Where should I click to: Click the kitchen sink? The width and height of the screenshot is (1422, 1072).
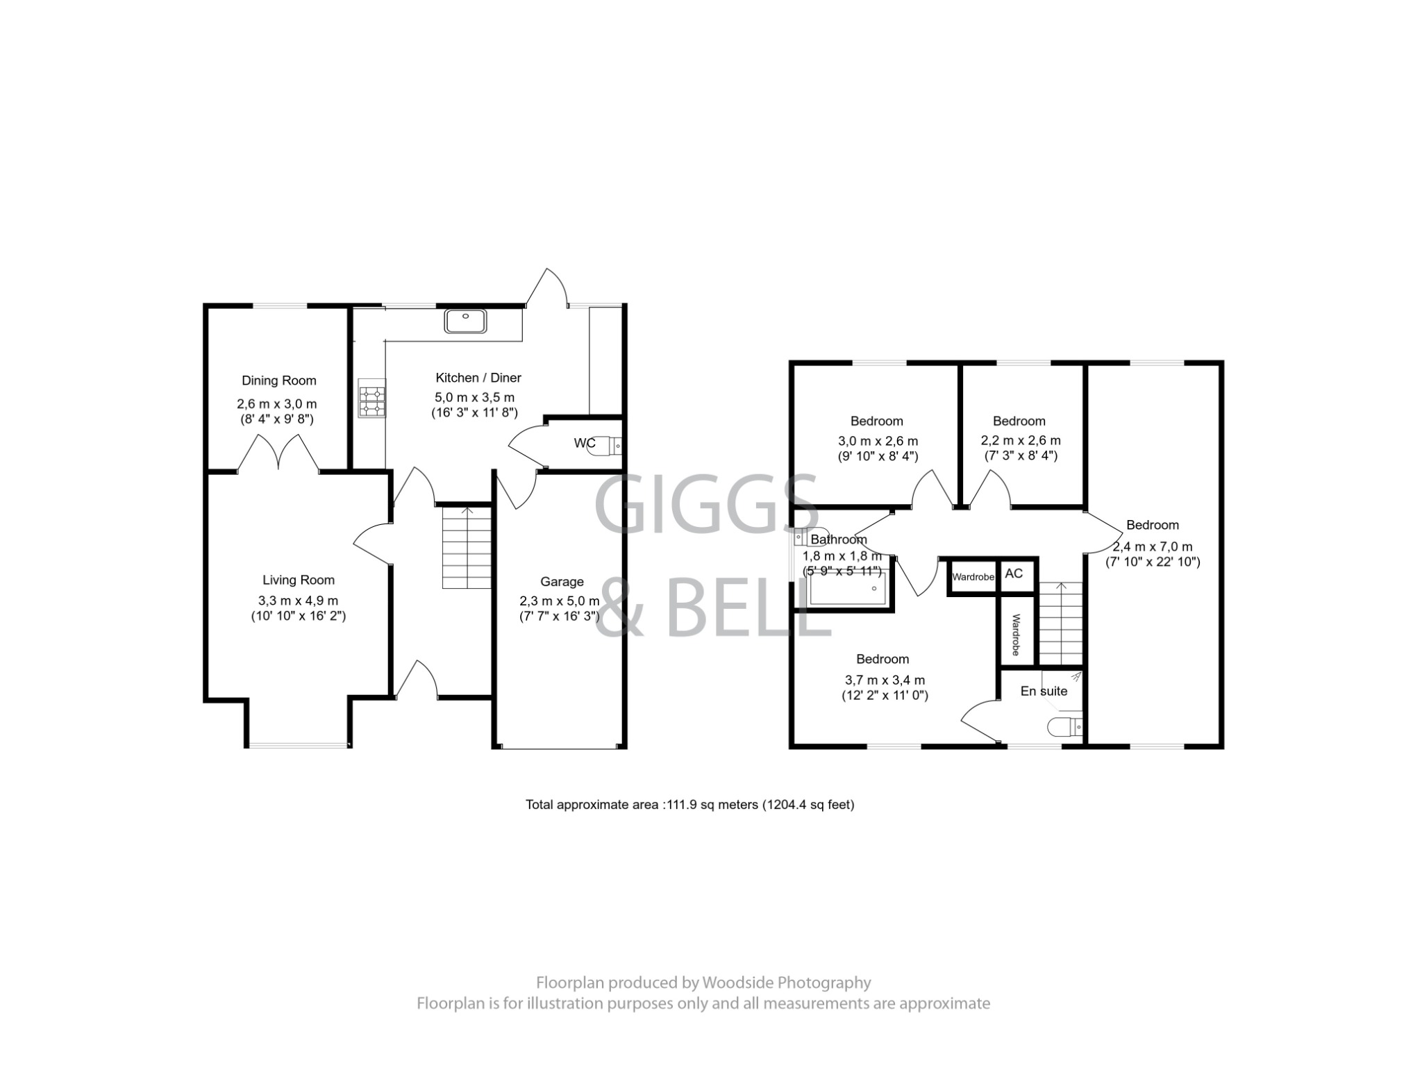466,321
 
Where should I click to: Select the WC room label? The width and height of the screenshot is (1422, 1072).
584,443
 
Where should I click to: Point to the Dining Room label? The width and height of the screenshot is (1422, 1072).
278,380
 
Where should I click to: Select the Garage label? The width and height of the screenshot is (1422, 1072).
562,582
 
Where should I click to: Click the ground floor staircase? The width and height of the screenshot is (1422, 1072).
467,548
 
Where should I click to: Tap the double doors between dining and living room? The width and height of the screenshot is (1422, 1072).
278,453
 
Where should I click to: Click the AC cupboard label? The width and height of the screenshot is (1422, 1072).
1014,573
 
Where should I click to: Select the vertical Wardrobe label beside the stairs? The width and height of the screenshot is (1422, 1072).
1015,634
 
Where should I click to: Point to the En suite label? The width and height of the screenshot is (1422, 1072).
1044,691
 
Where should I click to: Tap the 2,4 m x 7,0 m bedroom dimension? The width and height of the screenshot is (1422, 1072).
1153,546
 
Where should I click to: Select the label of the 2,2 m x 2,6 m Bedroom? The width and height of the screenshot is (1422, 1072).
1019,421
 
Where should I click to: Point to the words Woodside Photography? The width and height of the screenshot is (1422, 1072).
787,982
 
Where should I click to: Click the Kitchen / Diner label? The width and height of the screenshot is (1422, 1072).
478,378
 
